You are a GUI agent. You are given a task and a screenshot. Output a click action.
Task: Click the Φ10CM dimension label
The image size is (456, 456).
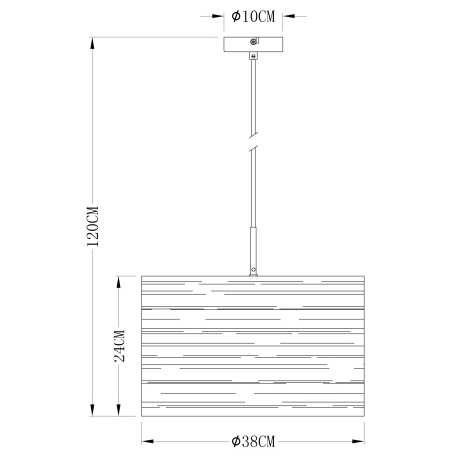click(x=253, y=16)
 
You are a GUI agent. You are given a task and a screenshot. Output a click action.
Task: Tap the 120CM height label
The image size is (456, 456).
click(x=93, y=226)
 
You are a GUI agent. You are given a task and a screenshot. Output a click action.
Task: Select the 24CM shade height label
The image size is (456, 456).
click(x=119, y=346)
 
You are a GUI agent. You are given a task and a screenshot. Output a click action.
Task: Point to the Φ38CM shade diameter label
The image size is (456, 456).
click(x=253, y=441)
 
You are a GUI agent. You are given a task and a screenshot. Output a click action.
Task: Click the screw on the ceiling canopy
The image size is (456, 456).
click(x=253, y=42)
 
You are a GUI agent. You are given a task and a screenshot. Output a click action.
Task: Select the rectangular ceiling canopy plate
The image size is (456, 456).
click(x=253, y=44)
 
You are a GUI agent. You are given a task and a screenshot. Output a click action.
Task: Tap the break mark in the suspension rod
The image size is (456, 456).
click(x=254, y=141)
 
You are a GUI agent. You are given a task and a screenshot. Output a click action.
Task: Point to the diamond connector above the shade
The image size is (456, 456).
click(x=254, y=269)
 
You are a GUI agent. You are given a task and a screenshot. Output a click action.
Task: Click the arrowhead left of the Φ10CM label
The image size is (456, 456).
click(x=218, y=16)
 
